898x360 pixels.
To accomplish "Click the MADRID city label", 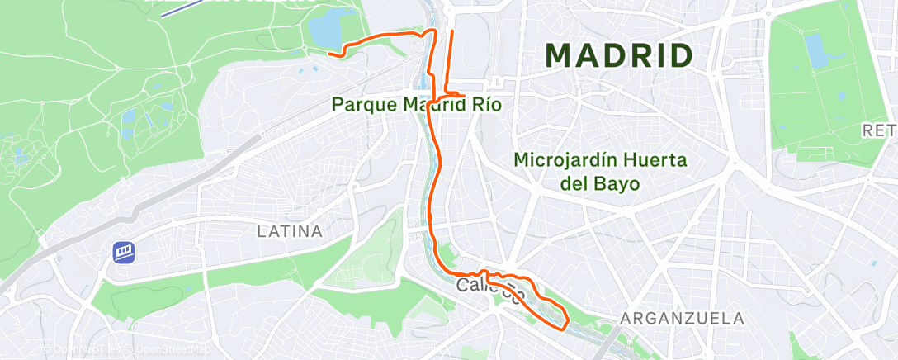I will coord(618,56).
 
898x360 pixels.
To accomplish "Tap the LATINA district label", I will coord(289,231).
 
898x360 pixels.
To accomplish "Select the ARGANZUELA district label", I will coord(682,318).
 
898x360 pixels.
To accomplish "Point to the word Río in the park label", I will coord(486,105).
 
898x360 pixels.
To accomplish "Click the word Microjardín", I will coord(561,160).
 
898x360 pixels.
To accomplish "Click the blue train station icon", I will coord(124,251).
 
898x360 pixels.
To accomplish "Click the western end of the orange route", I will coord(329,54).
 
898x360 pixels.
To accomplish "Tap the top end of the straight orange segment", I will coord(451,31).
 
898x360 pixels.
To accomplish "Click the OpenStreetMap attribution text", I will coord(168,350).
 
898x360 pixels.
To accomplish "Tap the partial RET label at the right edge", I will coord(878,130).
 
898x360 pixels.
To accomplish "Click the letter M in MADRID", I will coord(561,56).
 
